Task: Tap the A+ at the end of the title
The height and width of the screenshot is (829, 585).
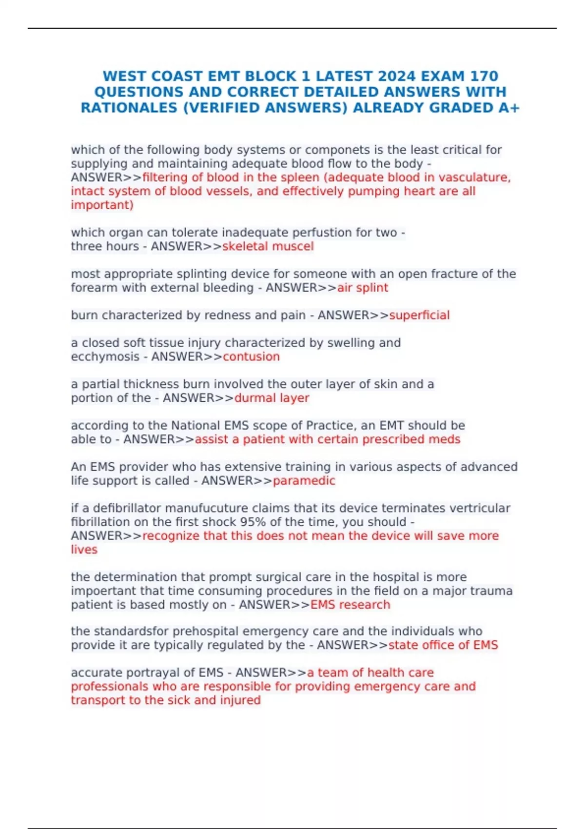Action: pyautogui.click(x=509, y=108)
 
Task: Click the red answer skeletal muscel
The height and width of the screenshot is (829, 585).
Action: pyautogui.click(x=268, y=246)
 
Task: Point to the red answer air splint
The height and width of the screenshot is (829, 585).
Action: pyautogui.click(x=363, y=288)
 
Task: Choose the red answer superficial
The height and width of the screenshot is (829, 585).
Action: pyautogui.click(x=419, y=315)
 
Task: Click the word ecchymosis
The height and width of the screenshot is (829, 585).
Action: pyautogui.click(x=105, y=356)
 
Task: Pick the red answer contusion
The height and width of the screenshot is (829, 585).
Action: pyautogui.click(x=251, y=356)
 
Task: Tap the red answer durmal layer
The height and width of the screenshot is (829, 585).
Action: pyautogui.click(x=272, y=398)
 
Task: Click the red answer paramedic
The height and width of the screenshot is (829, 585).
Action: pyautogui.click(x=304, y=480)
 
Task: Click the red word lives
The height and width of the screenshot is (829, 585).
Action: pyautogui.click(x=84, y=550)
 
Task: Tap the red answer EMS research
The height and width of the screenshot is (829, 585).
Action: pyautogui.click(x=350, y=605)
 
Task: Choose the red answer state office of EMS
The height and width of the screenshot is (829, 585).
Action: pyautogui.click(x=443, y=645)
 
